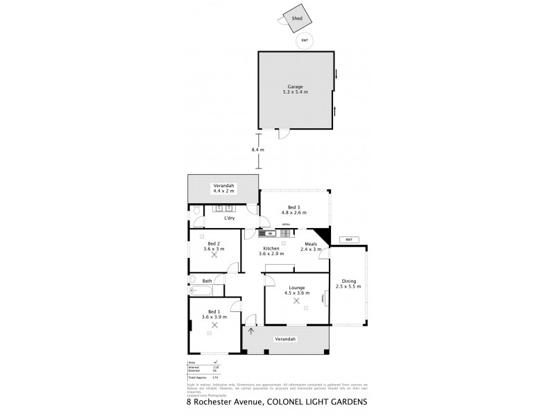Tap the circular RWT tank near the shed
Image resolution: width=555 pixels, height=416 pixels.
304,41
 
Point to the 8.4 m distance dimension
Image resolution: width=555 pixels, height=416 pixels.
257,149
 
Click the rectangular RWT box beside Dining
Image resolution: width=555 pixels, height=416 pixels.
348,240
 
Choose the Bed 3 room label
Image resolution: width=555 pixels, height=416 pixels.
294,210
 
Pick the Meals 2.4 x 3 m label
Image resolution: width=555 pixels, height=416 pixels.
311,247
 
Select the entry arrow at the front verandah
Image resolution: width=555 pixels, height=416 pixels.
250,331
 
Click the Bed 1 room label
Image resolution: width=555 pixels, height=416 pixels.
214,314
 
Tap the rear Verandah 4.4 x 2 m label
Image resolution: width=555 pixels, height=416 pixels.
223,189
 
